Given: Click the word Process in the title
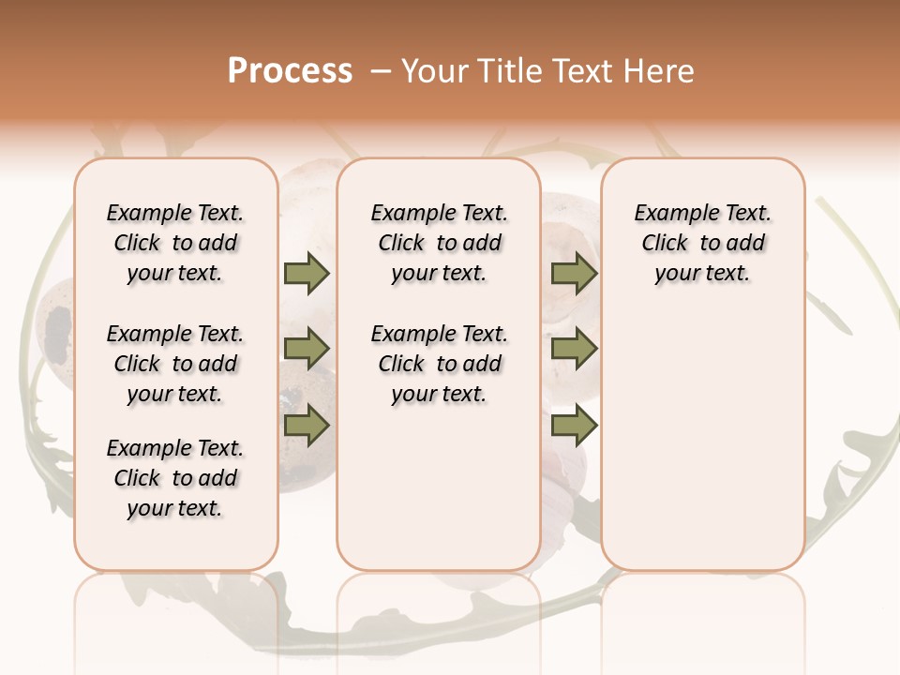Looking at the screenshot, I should coord(290,71).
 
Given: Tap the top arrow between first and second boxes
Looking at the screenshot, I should coord(307,273).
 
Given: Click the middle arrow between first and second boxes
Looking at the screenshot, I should coord(307,350).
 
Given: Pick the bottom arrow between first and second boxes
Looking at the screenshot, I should coord(307,426).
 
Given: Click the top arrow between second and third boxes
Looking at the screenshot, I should coord(574,273).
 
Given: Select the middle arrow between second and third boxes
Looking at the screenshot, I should coord(574,350).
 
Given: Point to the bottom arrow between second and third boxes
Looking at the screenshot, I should coord(574,426).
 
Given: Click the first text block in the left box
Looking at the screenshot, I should coord(175,243).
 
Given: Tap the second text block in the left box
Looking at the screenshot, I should coord(175,364).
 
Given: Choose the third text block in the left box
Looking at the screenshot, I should coord(175,478).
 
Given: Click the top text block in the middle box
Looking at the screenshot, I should coord(439,243).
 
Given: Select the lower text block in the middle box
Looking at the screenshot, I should coord(439,364).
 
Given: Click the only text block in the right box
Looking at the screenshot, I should coord(702,243).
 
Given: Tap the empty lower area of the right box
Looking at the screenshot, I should coord(702,441).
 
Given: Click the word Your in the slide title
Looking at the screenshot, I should coord(436,71).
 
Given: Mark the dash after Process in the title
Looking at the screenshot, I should coord(380,71).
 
